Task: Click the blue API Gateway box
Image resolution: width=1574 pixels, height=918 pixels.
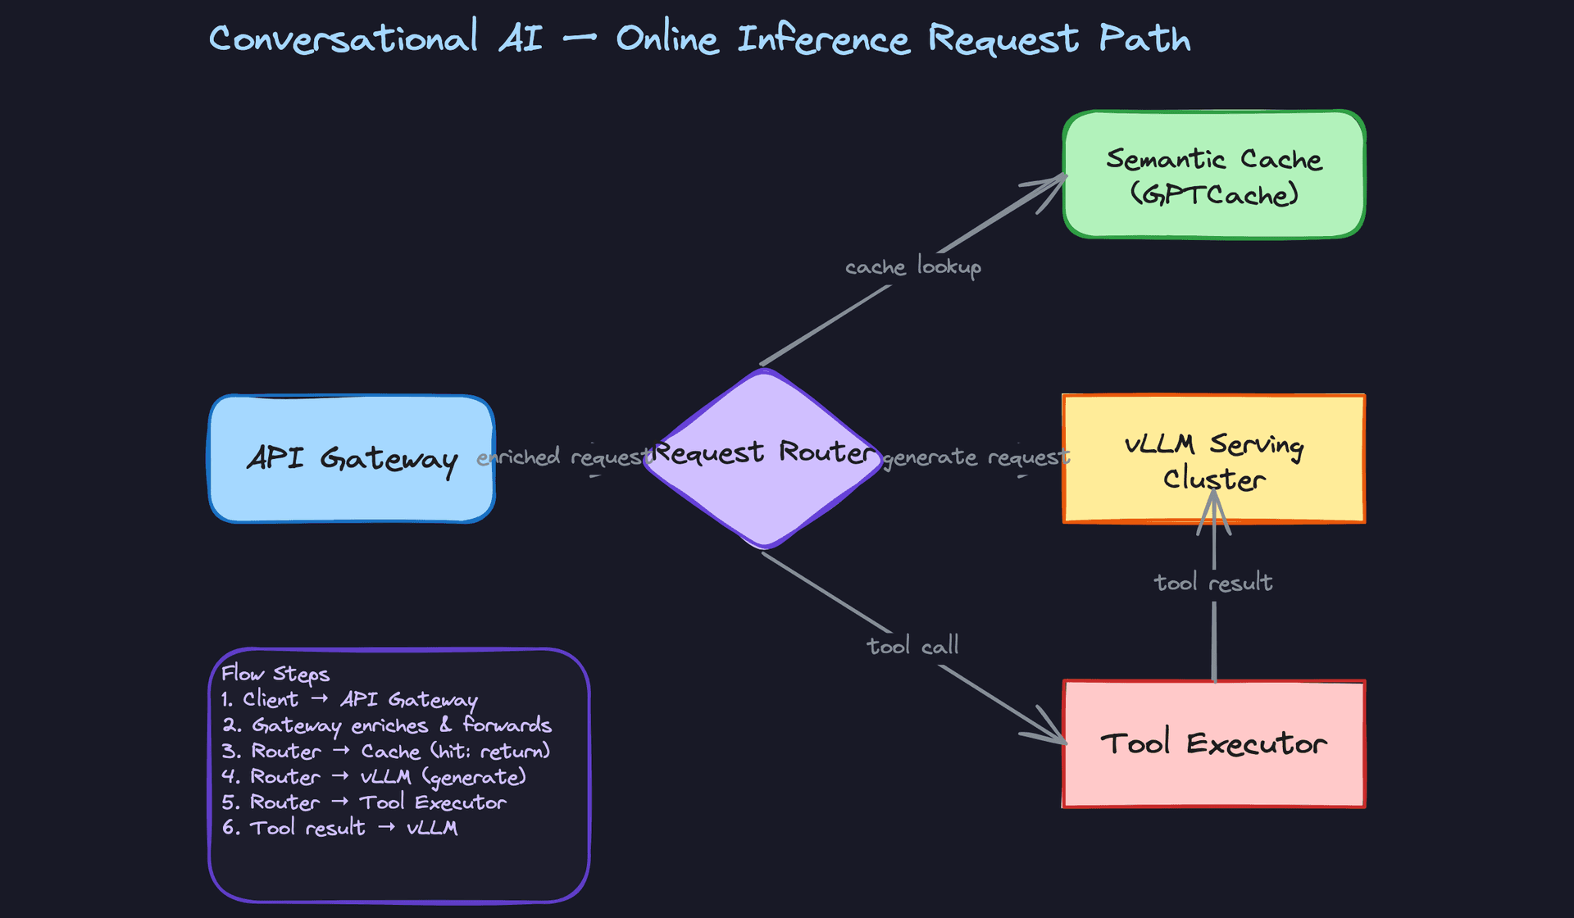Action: point(352,459)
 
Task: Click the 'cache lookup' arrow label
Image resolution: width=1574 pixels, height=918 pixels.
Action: point(912,267)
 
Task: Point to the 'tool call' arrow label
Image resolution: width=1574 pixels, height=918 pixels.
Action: point(912,646)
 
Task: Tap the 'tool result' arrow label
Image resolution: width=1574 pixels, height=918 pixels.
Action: point(1213,583)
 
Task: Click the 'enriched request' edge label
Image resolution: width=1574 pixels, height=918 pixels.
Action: point(564,457)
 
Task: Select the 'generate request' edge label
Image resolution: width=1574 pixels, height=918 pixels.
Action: point(976,457)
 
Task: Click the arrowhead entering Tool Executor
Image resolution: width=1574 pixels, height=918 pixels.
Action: point(1058,738)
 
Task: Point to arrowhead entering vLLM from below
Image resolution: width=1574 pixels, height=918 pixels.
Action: point(1214,500)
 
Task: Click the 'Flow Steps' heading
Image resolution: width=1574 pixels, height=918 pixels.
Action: point(275,674)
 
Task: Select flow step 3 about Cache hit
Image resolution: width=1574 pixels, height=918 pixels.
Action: point(385,751)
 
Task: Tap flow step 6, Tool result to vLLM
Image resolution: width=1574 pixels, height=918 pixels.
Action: point(339,828)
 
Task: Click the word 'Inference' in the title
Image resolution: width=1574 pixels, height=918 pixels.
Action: point(823,39)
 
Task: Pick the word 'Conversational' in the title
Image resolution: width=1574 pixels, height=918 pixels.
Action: point(343,39)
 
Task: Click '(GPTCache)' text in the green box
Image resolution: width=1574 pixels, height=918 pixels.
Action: point(1213,195)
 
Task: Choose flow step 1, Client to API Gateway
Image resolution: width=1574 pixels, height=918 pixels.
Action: point(349,699)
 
